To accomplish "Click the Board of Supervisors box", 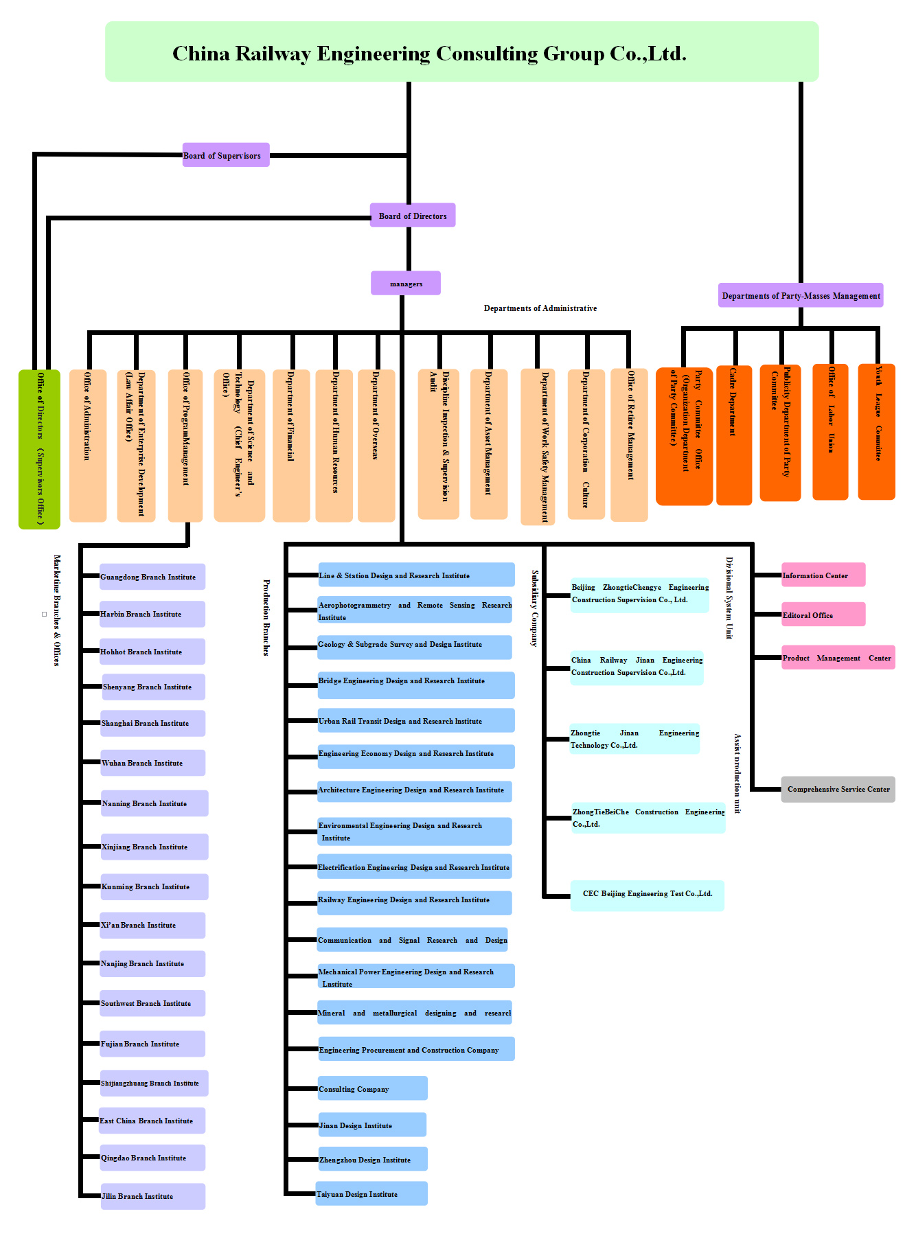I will (x=226, y=155).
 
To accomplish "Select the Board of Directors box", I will (x=412, y=216).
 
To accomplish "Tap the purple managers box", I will (x=406, y=283).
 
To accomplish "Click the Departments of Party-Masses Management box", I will (x=801, y=295).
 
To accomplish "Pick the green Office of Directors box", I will (x=39, y=449).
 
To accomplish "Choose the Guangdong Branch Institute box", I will (x=152, y=577).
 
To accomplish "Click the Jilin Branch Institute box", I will (x=152, y=1196).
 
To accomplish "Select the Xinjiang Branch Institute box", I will (x=154, y=847).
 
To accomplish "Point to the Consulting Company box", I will (x=372, y=1088).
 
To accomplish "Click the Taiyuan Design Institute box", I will (x=371, y=1193).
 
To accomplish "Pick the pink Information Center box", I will (x=823, y=575).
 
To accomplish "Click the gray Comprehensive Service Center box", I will (x=838, y=789).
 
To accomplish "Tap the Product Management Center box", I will (x=838, y=657).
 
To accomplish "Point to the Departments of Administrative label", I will (x=540, y=308).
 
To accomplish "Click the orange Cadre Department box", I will (x=733, y=435).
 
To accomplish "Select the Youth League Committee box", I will (x=876, y=431).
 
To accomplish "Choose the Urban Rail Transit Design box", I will (x=415, y=720).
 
